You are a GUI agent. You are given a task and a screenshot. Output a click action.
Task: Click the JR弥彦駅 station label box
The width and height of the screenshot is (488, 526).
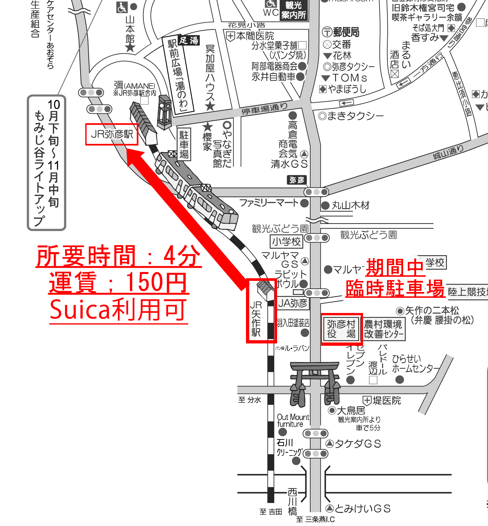point(112,134)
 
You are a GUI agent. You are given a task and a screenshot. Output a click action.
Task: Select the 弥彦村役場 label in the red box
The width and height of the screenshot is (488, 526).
point(341,329)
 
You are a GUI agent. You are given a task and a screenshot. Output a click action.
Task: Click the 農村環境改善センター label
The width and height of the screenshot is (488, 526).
point(383,329)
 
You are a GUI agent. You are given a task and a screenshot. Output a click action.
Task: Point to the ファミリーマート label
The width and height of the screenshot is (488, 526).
point(269,203)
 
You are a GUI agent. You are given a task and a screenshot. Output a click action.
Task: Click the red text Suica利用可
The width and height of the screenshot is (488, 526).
point(118,310)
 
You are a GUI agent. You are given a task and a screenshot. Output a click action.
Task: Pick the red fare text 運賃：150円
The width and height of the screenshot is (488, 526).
point(118,282)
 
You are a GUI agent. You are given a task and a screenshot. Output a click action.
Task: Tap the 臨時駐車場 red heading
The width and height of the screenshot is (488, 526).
point(395,288)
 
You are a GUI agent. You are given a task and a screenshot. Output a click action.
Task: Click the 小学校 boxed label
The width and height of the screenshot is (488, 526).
point(286,242)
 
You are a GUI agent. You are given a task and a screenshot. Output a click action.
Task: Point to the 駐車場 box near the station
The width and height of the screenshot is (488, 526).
point(184,145)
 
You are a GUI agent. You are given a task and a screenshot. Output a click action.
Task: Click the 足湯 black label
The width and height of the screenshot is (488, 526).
point(189,40)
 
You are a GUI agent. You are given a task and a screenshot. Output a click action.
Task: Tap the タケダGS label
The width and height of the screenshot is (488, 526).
point(358,444)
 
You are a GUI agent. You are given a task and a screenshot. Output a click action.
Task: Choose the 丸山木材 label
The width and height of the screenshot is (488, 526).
point(350,205)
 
